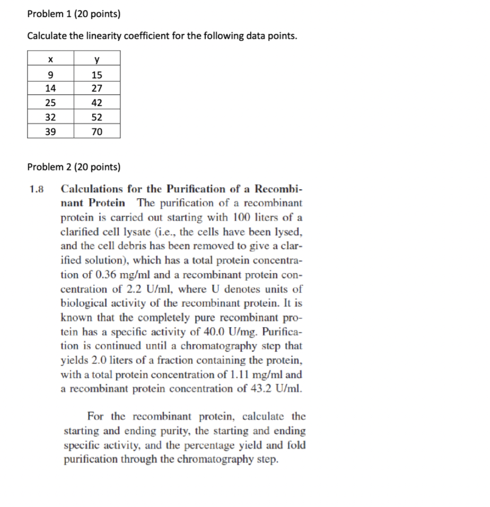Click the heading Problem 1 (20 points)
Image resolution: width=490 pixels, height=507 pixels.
(x=74, y=14)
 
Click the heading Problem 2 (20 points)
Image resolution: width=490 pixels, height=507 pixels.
(x=74, y=167)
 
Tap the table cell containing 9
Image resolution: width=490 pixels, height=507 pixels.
(x=50, y=75)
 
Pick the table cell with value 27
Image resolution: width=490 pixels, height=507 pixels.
(x=97, y=89)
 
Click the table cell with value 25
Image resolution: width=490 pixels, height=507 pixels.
(x=50, y=103)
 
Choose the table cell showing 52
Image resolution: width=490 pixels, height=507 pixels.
(x=97, y=117)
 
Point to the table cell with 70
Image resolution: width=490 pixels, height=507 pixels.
(x=97, y=132)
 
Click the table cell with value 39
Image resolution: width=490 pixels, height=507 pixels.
(x=50, y=132)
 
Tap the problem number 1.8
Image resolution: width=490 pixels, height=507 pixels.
(x=38, y=189)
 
